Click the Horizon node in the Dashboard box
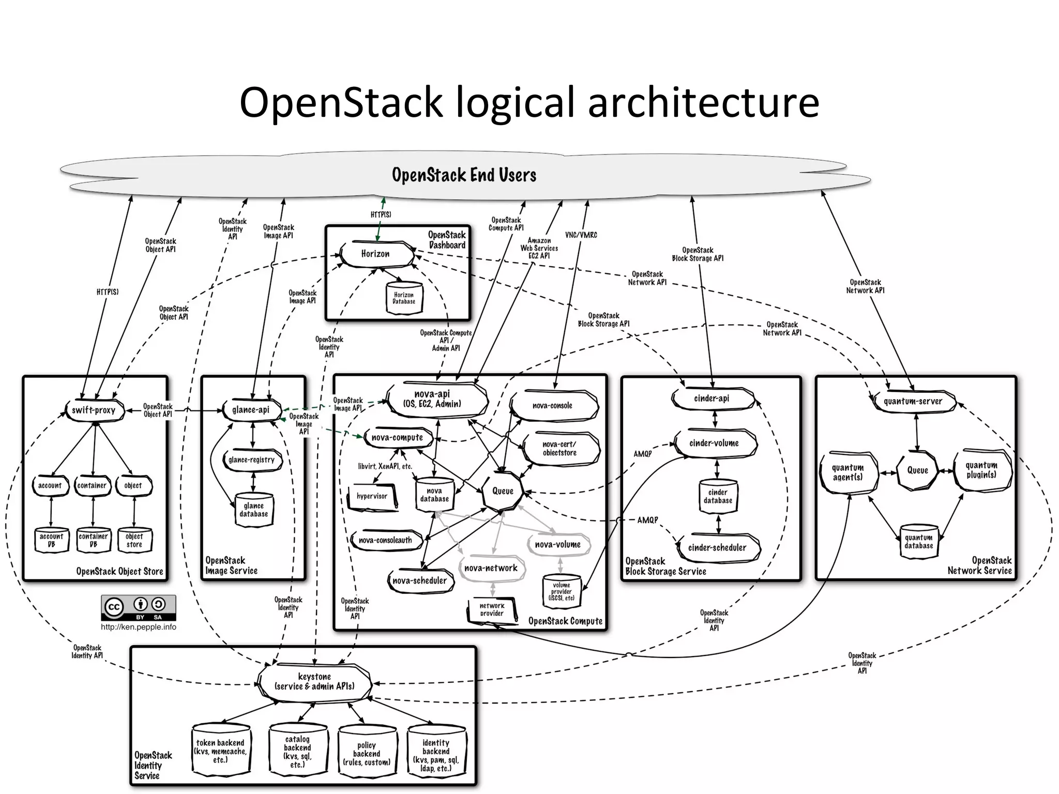(x=376, y=254)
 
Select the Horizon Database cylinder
(x=404, y=298)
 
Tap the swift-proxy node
(x=94, y=410)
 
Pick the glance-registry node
(x=252, y=460)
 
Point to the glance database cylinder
(x=253, y=510)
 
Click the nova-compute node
(x=397, y=438)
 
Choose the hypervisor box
(x=372, y=496)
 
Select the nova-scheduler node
(x=419, y=581)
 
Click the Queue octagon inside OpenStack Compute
(x=503, y=491)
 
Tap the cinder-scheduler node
(x=717, y=548)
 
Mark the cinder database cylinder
(x=718, y=496)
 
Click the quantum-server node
(x=913, y=401)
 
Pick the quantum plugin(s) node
(x=981, y=470)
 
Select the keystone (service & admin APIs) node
(x=314, y=682)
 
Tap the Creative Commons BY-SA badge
(x=139, y=607)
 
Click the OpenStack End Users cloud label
(x=464, y=175)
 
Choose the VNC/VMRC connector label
(x=581, y=235)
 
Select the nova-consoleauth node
(x=386, y=541)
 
